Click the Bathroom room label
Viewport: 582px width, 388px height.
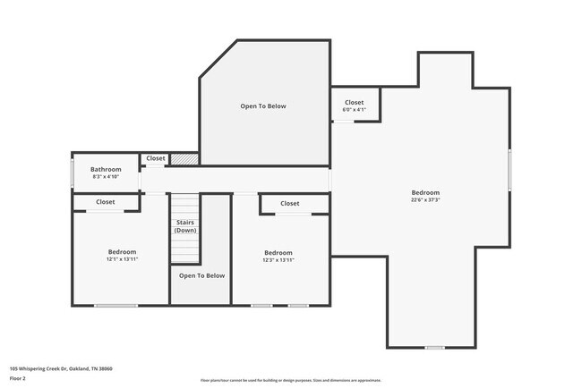106,169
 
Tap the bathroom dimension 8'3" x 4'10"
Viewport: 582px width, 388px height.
106,177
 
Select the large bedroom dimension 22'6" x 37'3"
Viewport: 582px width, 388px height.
425,200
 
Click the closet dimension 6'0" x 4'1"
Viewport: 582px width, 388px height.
354,110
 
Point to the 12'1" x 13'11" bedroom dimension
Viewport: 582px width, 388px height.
122,259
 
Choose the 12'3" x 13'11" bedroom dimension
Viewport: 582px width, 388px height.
278,259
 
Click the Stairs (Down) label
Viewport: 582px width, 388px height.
185,227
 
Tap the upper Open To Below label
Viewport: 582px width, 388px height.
262,106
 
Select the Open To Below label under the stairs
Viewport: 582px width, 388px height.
201,275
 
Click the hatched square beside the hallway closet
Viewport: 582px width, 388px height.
184,159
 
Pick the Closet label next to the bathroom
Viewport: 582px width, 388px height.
156,158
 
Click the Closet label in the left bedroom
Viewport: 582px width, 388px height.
106,202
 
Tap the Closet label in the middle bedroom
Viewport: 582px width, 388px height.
289,204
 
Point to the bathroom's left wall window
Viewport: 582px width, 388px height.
72,173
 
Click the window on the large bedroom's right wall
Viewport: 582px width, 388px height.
509,170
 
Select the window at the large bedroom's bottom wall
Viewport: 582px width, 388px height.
434,347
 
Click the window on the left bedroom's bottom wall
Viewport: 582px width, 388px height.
116,306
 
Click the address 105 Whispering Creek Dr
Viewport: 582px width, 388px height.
61,368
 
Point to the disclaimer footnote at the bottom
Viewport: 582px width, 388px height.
291,380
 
